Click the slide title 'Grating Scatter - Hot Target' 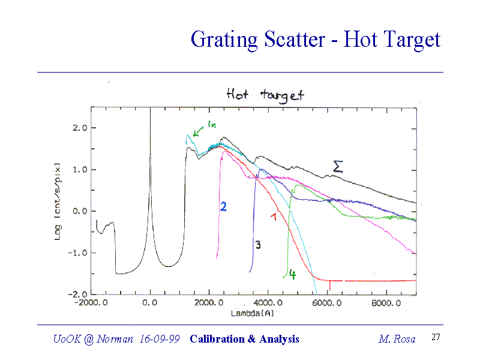(x=315, y=40)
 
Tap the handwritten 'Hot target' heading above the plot (x=265, y=95)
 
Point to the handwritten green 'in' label (x=211, y=124)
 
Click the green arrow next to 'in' (x=199, y=130)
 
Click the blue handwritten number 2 (x=223, y=206)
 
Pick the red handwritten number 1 (x=274, y=217)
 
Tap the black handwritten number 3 (x=257, y=245)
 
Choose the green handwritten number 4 (x=292, y=275)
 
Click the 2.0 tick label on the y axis (x=80, y=128)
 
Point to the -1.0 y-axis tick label (x=78, y=253)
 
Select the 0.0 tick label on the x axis (x=150, y=303)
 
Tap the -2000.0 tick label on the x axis (x=91, y=303)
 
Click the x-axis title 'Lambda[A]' (x=252, y=313)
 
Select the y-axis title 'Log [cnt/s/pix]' (x=58, y=201)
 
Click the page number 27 (x=436, y=338)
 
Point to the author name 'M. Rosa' (x=397, y=339)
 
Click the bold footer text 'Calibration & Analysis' (x=244, y=339)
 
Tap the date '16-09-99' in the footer (x=158, y=339)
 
